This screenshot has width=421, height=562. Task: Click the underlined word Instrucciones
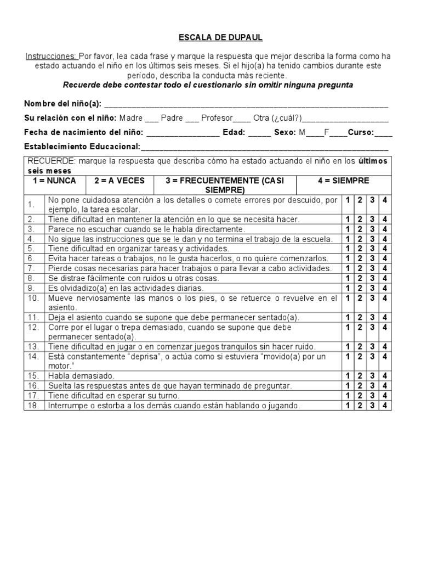[51, 57]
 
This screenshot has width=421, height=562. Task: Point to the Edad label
[235, 132]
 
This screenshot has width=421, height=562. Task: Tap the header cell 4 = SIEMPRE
[343, 181]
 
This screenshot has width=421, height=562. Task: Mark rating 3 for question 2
[372, 219]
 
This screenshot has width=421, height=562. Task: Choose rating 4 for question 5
[384, 248]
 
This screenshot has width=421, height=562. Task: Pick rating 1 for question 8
[348, 278]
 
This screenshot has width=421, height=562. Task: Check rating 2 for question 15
[360, 376]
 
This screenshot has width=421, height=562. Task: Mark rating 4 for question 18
[384, 406]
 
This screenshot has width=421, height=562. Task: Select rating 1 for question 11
[348, 317]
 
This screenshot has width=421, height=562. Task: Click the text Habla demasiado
[81, 376]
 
